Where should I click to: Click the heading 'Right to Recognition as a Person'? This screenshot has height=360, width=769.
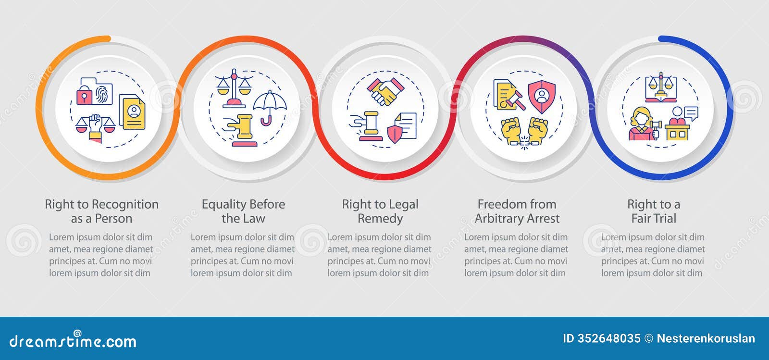click(x=101, y=211)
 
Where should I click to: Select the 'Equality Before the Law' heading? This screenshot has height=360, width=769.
click(x=243, y=211)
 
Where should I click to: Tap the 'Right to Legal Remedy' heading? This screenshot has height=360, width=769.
click(x=380, y=211)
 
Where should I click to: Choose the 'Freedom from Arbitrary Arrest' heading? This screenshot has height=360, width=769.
click(x=517, y=211)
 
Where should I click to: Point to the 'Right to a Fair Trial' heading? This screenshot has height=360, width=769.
click(x=654, y=211)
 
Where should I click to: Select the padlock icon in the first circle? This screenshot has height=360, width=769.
click(x=85, y=96)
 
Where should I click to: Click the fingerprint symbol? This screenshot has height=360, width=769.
click(x=103, y=93)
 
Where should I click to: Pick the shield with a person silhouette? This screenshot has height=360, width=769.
click(x=542, y=95)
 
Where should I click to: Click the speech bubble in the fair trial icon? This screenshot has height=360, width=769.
click(x=691, y=113)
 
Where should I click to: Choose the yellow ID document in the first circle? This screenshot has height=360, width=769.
click(x=132, y=112)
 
